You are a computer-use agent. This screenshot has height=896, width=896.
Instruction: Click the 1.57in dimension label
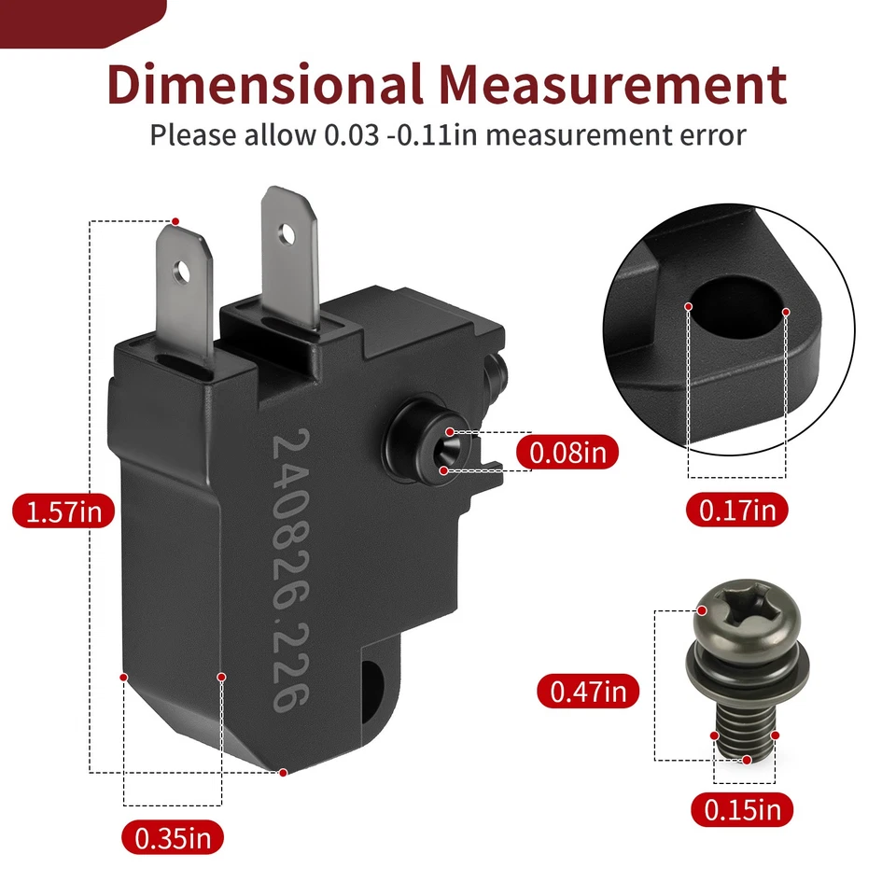point(63,511)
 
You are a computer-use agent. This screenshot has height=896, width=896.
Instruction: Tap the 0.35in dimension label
point(173,837)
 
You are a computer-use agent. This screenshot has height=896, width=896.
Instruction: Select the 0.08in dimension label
point(567,453)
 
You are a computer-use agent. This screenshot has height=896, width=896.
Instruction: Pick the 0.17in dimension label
point(737,510)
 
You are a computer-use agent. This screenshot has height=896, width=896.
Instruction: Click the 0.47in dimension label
point(588,692)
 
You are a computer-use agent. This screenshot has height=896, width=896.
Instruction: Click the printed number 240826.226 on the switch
point(288,570)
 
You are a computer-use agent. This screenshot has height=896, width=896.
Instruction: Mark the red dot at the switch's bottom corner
point(284,772)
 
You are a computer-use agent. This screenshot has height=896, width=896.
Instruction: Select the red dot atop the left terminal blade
point(175,221)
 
